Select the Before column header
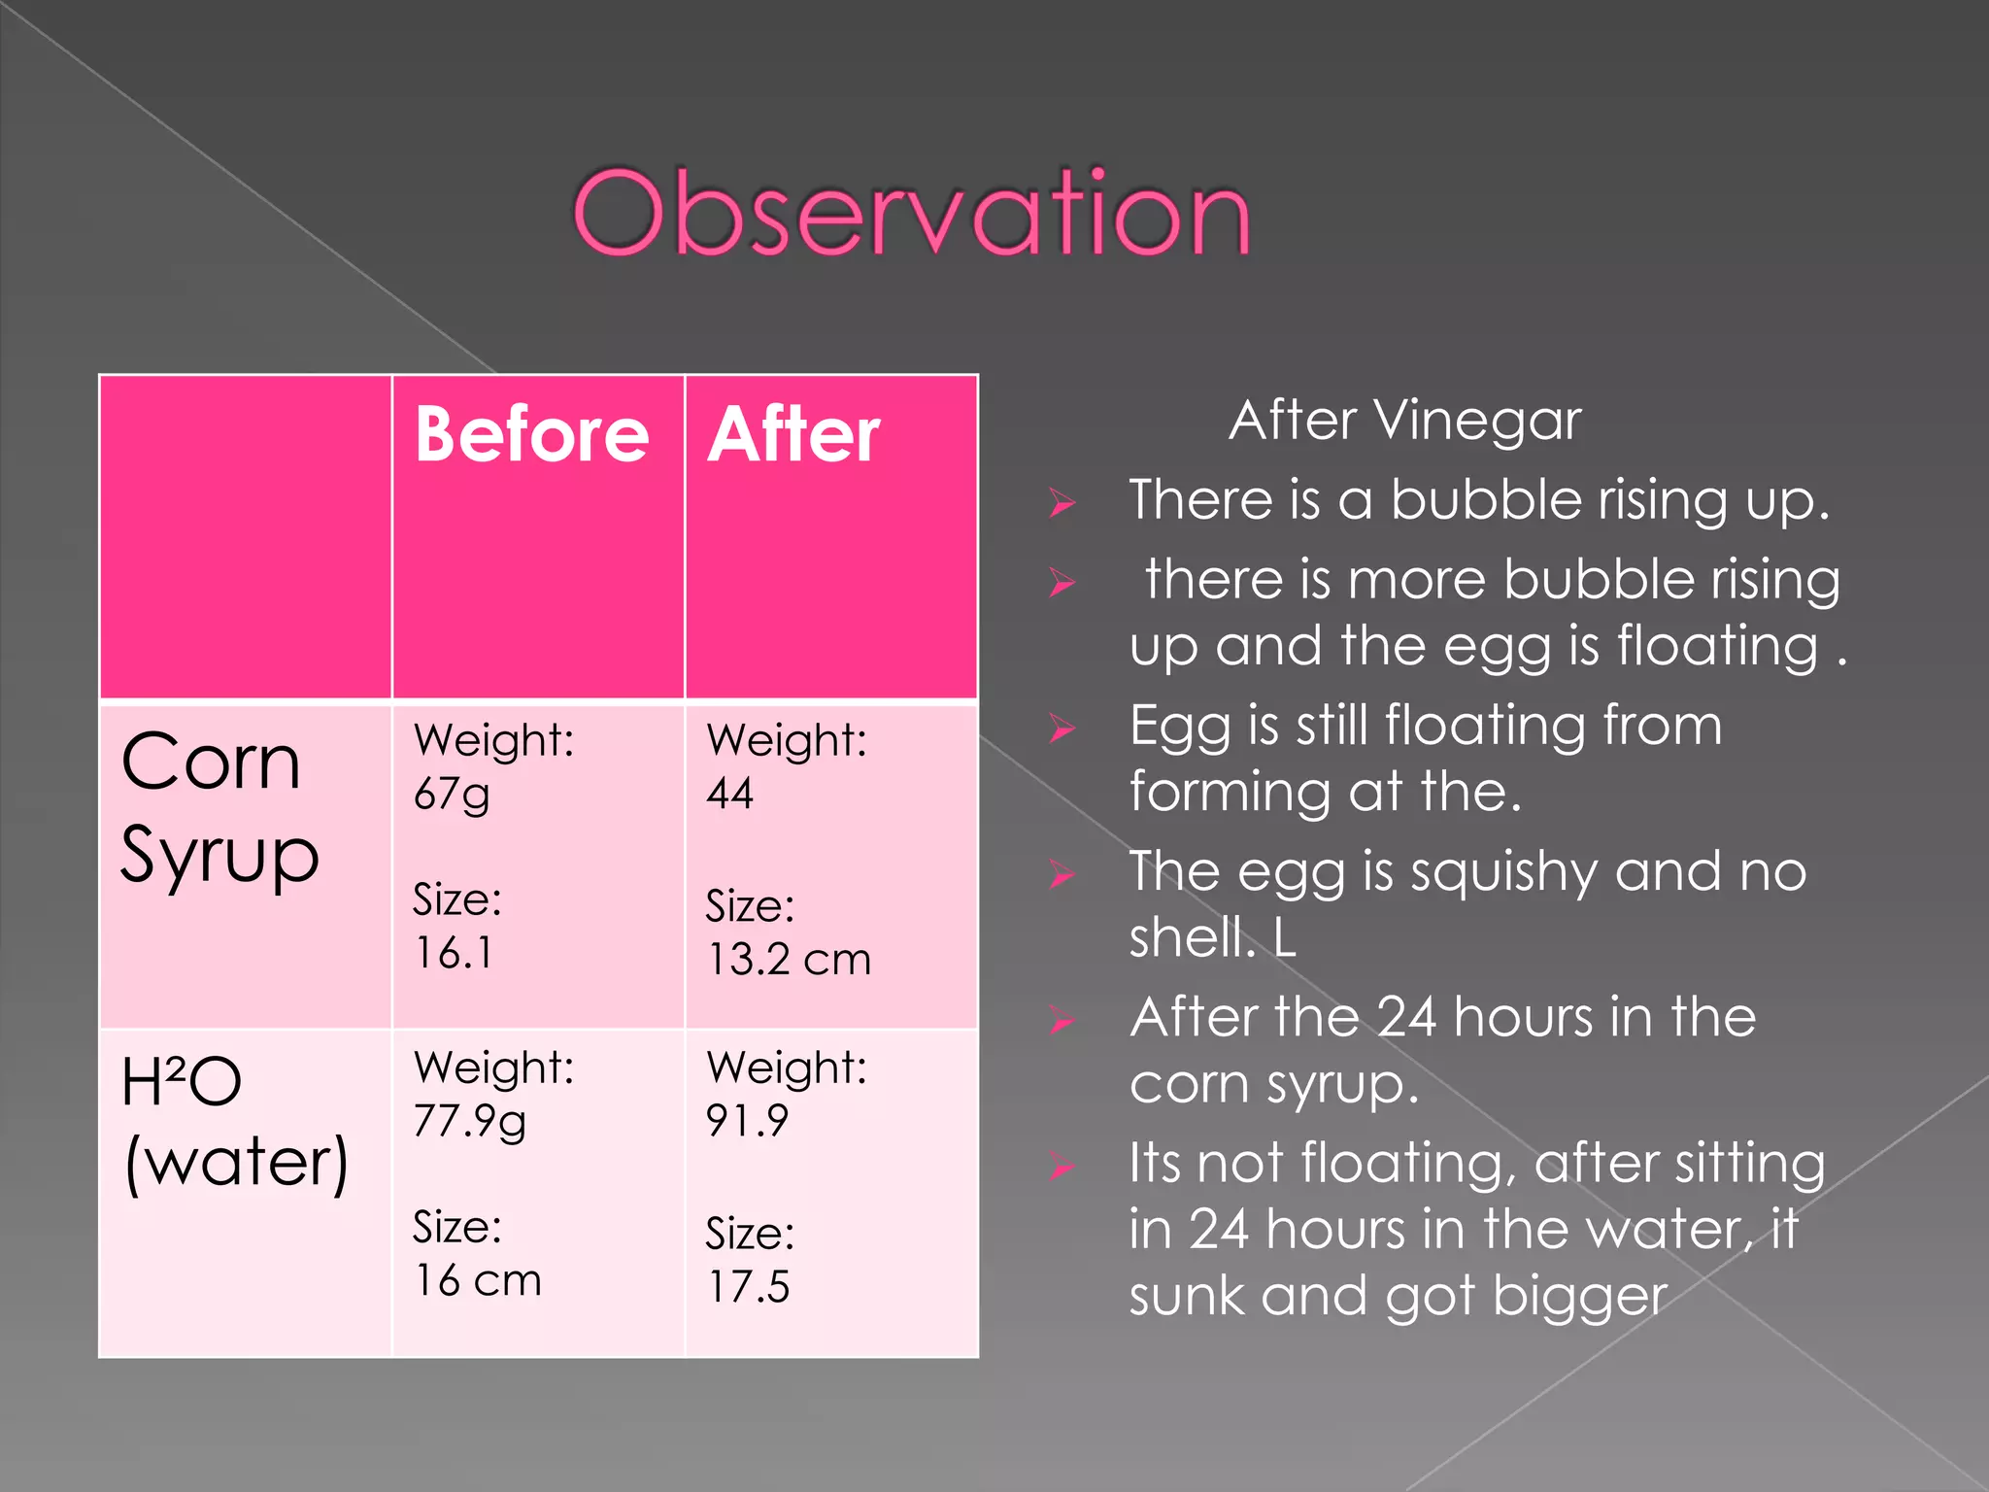[x=531, y=434]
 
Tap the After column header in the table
[x=793, y=434]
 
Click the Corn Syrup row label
[x=219, y=808]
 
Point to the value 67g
[x=452, y=795]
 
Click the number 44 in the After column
[x=730, y=794]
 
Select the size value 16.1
[x=454, y=953]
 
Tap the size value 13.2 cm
[x=789, y=960]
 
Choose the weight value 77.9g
[x=470, y=1122]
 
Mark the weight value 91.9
[x=747, y=1121]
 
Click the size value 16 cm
[x=477, y=1280]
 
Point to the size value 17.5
[x=748, y=1287]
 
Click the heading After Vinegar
[x=1404, y=421]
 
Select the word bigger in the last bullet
[x=1579, y=1296]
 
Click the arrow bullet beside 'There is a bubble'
[x=1062, y=503]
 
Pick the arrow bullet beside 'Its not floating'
[x=1062, y=1166]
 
